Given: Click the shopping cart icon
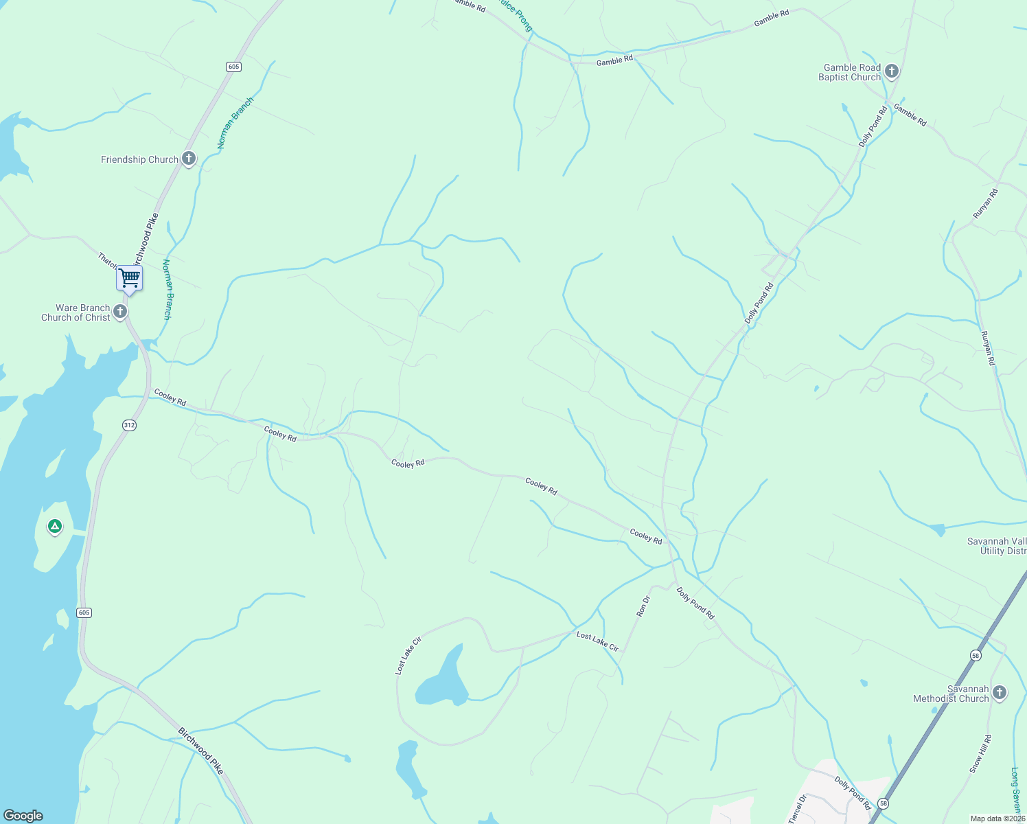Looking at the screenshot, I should click(129, 278).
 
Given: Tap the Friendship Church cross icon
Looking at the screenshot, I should click(189, 159).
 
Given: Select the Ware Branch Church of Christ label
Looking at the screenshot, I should click(76, 313).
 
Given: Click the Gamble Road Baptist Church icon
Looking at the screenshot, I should click(892, 71).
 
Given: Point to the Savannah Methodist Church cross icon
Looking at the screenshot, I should click(1000, 693).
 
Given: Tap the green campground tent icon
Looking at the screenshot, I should click(54, 527).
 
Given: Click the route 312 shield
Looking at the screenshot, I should click(129, 425).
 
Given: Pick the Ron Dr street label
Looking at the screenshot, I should click(643, 606).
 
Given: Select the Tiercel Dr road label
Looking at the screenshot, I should click(796, 808).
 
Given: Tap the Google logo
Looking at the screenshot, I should click(23, 816).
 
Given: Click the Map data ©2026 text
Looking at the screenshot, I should click(997, 819).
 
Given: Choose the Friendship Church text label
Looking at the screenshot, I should click(139, 159).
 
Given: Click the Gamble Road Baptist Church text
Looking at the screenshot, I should click(850, 73).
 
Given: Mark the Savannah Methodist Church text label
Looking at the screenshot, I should click(951, 694).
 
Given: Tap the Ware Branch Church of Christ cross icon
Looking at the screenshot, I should click(120, 312).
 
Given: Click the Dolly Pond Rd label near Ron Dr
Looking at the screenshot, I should click(695, 604).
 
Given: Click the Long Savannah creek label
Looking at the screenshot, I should click(1016, 790).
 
